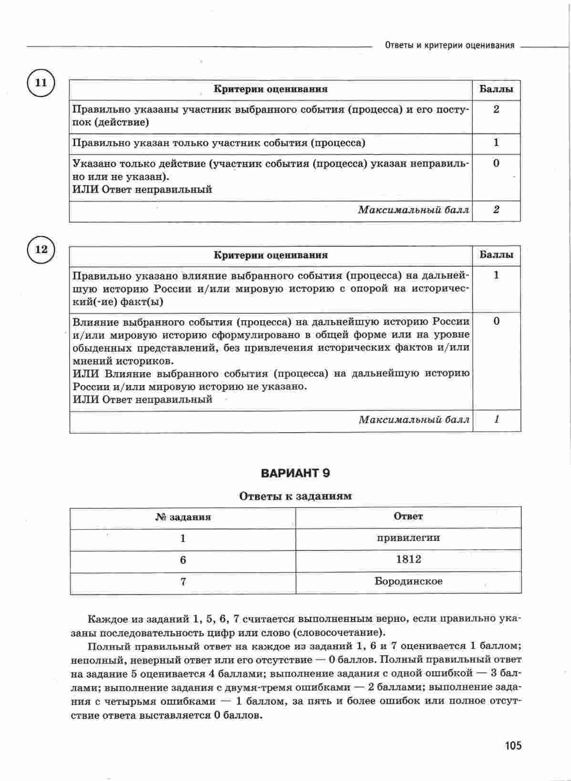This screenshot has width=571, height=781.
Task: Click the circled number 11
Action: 41,83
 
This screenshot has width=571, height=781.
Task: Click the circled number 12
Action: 42,249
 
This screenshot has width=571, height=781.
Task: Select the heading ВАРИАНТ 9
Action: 295,473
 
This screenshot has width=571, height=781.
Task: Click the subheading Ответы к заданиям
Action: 295,496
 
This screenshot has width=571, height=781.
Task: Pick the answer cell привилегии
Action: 408,538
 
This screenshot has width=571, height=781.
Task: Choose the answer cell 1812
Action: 408,559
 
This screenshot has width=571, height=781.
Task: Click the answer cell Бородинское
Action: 408,581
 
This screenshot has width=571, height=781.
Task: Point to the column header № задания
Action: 183,517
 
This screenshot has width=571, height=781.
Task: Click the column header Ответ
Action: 408,516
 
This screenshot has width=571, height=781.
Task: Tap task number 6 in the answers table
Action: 183,560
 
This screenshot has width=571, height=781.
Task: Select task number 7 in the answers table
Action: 183,582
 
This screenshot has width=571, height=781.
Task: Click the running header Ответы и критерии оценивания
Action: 449,46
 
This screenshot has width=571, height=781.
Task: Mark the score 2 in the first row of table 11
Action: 496,109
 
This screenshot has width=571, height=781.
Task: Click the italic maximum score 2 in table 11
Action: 496,210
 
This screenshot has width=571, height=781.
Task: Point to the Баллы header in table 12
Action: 497,255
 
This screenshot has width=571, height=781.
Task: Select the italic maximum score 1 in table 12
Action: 497,420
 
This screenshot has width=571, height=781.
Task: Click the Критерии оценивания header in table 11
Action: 270,89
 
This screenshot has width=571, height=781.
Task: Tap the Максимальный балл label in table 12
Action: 414,420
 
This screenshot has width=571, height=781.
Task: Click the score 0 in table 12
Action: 497,321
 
